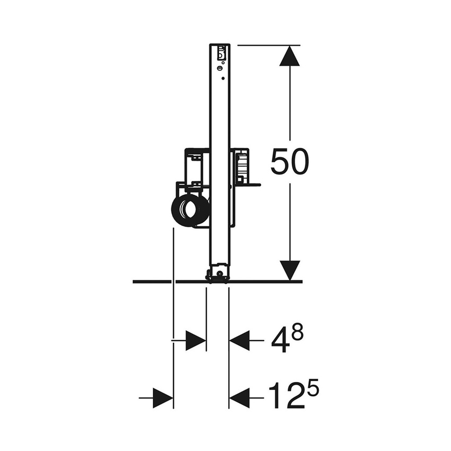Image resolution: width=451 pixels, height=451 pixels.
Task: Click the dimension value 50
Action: pyautogui.click(x=289, y=162)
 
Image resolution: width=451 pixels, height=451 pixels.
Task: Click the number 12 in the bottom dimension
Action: pyautogui.click(x=285, y=396)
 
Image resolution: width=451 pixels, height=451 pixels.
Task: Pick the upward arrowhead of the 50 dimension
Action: pyautogui.click(x=290, y=56)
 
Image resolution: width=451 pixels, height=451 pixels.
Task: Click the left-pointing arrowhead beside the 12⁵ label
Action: pyautogui.click(x=240, y=397)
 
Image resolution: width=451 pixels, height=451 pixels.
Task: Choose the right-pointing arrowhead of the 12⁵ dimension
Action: pyautogui.click(x=162, y=397)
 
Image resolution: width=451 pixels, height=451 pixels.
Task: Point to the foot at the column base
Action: pyautogui.click(x=218, y=275)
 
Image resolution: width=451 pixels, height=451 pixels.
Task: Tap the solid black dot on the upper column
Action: pyautogui.click(x=222, y=79)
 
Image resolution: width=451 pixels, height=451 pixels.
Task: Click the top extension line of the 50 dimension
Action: pyautogui.click(x=268, y=46)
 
